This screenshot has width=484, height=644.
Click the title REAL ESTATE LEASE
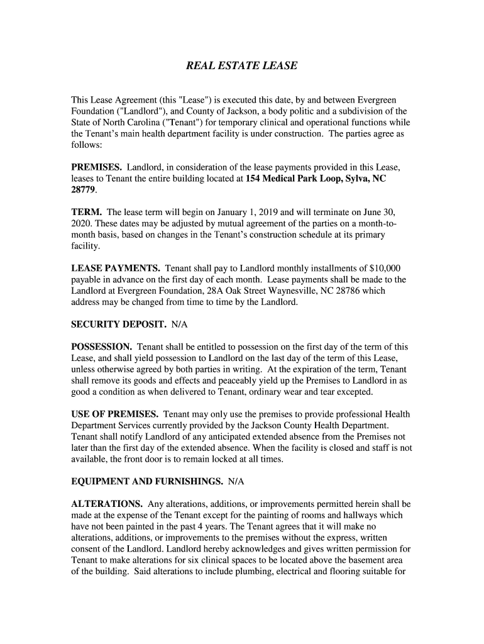tap(242, 65)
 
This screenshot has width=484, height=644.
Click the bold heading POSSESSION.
tap(101, 347)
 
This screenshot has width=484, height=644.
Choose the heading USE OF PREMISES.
tap(114, 414)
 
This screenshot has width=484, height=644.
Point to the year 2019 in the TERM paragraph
tap(218, 212)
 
